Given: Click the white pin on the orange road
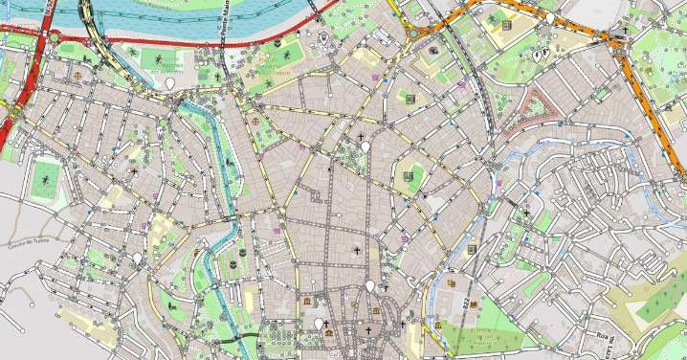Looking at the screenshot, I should tap(550, 17).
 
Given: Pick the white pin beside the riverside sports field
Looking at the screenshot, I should tap(169, 84).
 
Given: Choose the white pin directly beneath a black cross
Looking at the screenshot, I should tap(370, 286).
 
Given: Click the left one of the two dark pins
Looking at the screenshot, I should tap(536, 56).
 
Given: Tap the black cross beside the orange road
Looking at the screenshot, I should tap(624, 31).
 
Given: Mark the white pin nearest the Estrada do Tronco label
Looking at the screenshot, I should tap(137, 259).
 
